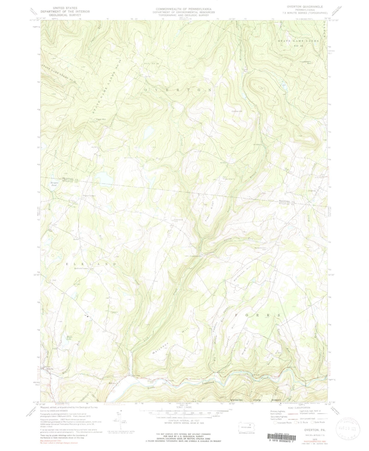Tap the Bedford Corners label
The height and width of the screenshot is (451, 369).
(81, 268)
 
